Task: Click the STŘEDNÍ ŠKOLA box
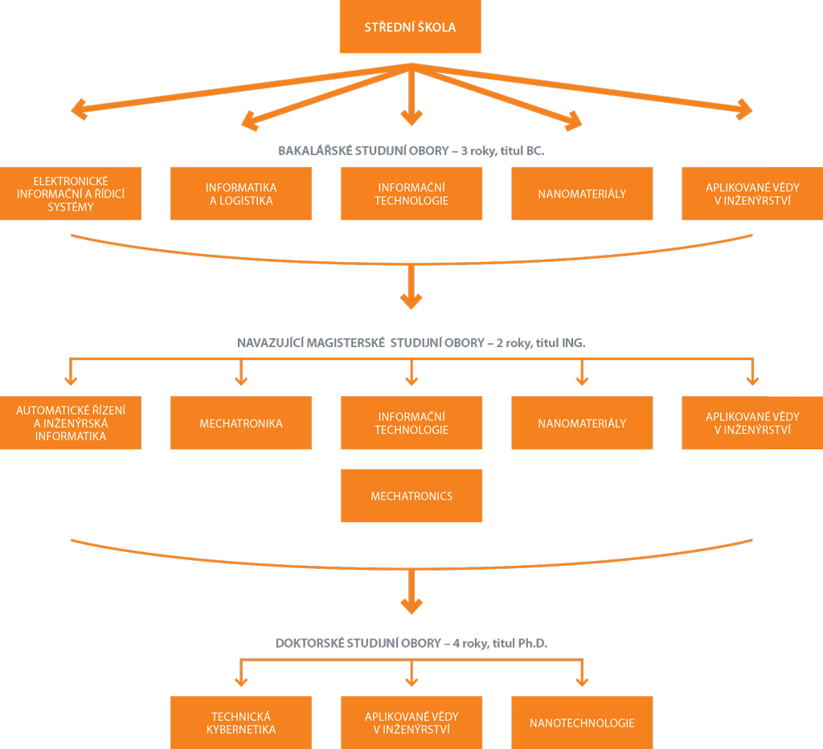[411, 27]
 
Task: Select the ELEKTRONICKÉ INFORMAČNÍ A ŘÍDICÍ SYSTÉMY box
[71, 194]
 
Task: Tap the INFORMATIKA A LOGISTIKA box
[241, 194]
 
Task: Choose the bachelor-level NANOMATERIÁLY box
[582, 194]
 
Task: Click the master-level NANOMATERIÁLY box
[582, 423]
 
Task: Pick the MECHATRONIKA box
[241, 423]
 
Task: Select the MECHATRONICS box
[411, 496]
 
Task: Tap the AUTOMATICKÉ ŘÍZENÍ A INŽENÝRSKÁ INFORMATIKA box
[71, 423]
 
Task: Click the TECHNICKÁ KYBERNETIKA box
[241, 722]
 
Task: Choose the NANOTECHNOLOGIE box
[582, 722]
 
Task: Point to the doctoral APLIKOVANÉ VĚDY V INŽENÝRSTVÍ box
[411, 722]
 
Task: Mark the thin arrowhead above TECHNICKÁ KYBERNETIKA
[240, 680]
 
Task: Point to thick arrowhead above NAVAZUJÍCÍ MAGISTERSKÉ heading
[411, 300]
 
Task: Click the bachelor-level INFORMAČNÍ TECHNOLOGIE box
[411, 194]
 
